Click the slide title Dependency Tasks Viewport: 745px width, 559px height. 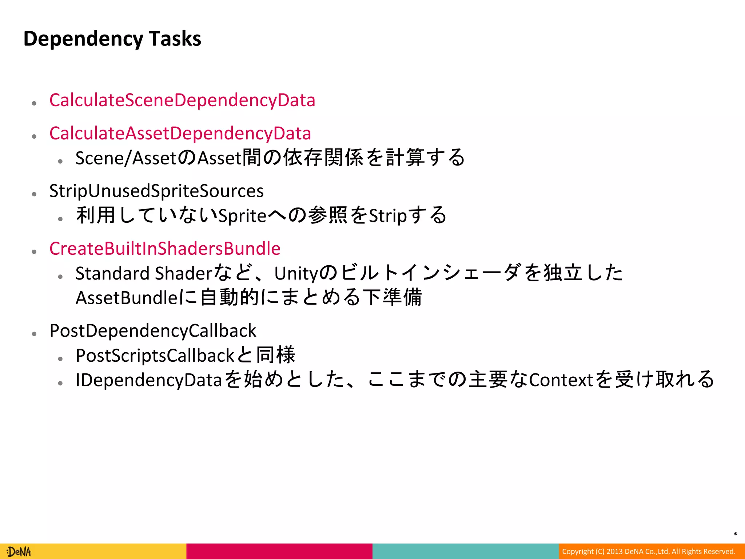[112, 39]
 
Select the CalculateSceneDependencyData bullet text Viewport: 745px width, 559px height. [182, 100]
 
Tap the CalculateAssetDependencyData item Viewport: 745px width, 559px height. [180, 133]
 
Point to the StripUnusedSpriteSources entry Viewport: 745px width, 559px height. [156, 191]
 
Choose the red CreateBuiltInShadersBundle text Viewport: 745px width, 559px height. [165, 249]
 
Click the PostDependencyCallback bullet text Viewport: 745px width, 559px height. [153, 330]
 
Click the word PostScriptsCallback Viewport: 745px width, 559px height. [155, 356]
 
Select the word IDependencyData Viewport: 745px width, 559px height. [148, 380]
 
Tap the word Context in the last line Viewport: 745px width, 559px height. [561, 380]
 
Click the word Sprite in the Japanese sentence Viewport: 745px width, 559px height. [242, 216]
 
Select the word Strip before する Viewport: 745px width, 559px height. [388, 216]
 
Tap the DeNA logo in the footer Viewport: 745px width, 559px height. [19, 552]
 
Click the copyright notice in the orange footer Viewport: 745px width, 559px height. [649, 551]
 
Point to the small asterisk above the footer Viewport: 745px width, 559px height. [735, 534]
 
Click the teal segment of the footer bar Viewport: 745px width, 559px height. [465, 551]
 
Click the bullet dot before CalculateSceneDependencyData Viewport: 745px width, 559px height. [34, 103]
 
